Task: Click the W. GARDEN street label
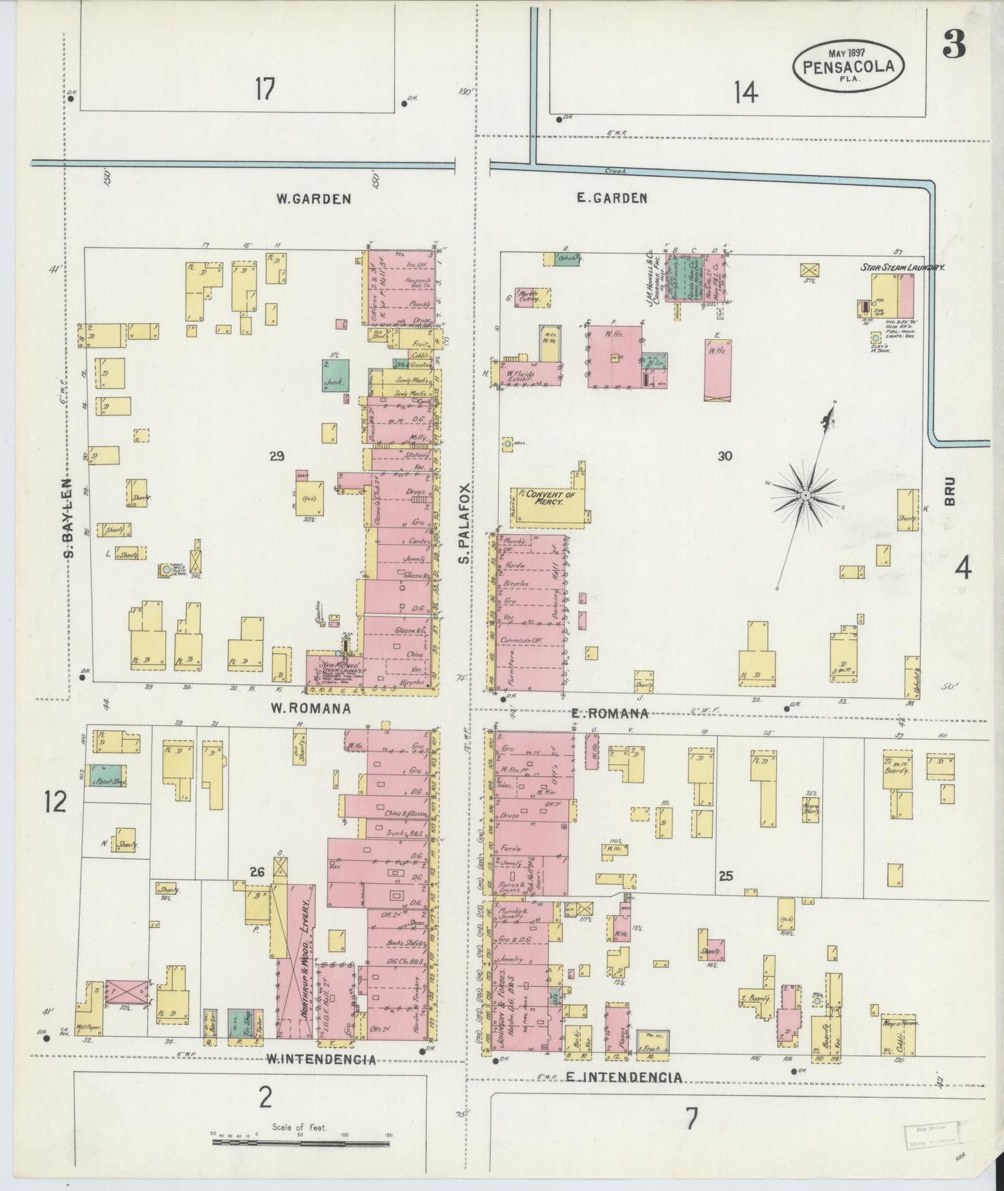coord(313,199)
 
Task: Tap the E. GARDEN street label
coord(612,199)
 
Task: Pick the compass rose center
coord(804,495)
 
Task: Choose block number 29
coord(277,457)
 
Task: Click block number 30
coord(725,457)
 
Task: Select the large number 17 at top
coord(264,89)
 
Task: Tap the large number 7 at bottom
coord(691,1119)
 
